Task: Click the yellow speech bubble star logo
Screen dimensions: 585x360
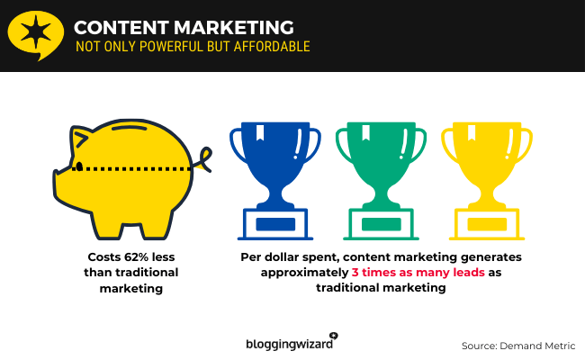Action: tap(35, 35)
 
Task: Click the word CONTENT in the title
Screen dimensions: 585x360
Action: tap(121, 28)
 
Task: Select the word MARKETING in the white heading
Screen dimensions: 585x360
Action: tap(234, 28)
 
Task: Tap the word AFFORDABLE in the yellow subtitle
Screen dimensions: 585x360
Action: tap(272, 47)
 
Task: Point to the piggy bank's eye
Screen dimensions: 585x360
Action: tap(79, 166)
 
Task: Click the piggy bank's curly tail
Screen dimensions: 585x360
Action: tap(203, 159)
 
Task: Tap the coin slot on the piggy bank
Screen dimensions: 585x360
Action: tap(130, 128)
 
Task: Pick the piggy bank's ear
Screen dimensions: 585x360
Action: tap(81, 139)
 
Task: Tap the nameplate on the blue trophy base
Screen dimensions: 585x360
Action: tap(275, 224)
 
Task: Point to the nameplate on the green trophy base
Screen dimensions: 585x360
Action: tap(382, 224)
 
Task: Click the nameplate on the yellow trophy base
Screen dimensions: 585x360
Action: tap(487, 224)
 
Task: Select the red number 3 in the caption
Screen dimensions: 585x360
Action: tap(355, 273)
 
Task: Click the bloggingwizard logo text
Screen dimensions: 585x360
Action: tap(290, 344)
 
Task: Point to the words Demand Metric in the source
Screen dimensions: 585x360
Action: tap(537, 346)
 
